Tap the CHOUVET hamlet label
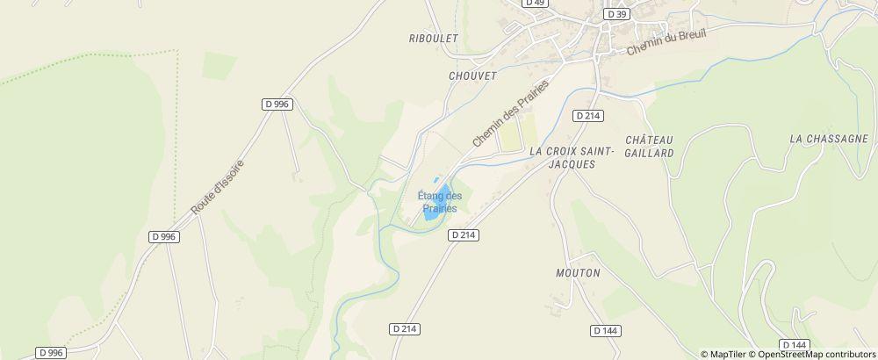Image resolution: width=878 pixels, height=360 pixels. click(x=472, y=76)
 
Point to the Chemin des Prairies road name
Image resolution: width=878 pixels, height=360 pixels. click(x=510, y=113)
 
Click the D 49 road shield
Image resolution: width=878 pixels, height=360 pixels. click(x=535, y=3)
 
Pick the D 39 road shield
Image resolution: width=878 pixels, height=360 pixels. click(x=617, y=15)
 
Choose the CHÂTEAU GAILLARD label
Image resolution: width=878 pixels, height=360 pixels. click(x=650, y=146)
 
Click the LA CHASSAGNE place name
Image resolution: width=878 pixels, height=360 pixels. click(x=828, y=139)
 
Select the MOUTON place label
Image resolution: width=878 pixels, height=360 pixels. click(x=578, y=273)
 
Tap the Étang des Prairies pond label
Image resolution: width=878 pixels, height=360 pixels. click(x=439, y=202)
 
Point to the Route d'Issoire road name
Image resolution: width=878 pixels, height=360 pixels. click(x=218, y=188)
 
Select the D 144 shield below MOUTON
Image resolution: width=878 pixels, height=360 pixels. click(x=605, y=331)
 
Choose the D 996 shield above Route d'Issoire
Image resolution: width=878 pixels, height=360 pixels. click(x=276, y=104)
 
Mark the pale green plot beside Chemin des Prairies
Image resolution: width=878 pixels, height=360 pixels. click(x=511, y=133)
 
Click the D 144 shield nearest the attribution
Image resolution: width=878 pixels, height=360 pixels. click(x=793, y=345)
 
